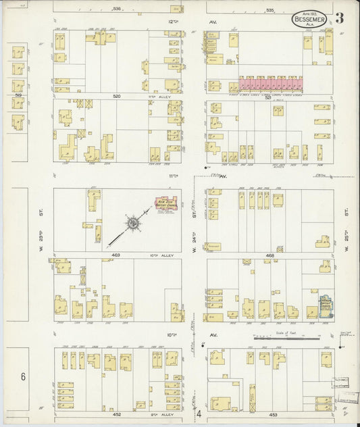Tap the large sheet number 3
[339, 18]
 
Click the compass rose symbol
[133, 222]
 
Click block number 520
[116, 97]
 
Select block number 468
[270, 255]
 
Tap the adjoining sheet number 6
[22, 376]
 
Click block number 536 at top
[116, 9]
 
